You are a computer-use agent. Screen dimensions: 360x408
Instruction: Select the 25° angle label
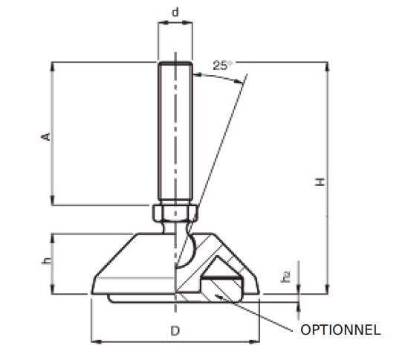coord(221,65)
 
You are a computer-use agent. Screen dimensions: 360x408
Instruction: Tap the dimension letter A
coord(45,137)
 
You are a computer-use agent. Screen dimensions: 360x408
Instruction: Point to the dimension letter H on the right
coord(318,181)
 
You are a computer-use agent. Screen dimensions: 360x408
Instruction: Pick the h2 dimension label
coord(287,277)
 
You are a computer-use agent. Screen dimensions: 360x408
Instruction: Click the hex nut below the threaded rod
coord(176,213)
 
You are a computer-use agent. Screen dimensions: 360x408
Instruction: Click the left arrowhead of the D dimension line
coord(94,342)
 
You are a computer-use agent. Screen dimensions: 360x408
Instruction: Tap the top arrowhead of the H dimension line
coord(328,65)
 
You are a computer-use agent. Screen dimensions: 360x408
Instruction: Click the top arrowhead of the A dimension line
coord(52,65)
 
